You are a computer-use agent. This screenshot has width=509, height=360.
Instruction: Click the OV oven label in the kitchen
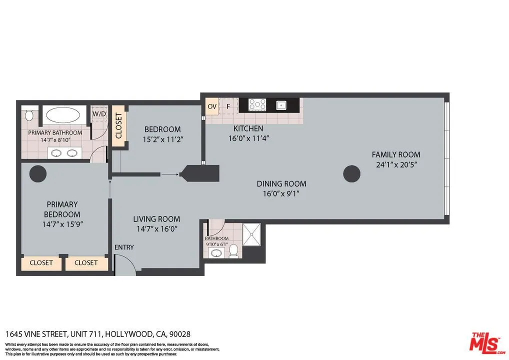[x=212, y=106]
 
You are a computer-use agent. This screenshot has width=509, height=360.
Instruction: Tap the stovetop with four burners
[x=257, y=104]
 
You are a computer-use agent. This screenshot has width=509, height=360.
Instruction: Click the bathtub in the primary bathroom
[x=62, y=115]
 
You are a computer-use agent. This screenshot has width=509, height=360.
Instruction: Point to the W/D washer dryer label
[x=99, y=114]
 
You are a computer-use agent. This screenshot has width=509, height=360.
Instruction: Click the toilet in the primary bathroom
[x=29, y=115]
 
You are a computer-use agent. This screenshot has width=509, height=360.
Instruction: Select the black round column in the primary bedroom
[x=38, y=174]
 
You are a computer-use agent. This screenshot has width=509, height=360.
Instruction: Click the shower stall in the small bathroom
[x=251, y=234]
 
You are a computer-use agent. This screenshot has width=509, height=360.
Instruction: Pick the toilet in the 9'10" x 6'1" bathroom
[x=233, y=250]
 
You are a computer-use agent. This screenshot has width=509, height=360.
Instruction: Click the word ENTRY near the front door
[x=124, y=247]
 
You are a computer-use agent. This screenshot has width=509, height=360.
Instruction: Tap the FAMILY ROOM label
[x=395, y=154]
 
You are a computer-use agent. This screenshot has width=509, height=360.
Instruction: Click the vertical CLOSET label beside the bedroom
[x=118, y=126]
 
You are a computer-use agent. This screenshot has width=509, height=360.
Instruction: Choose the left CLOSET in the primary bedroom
[x=41, y=262]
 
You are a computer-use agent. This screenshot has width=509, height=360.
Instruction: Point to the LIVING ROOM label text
[x=156, y=219]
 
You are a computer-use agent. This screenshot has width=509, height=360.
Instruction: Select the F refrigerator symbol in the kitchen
[x=228, y=106]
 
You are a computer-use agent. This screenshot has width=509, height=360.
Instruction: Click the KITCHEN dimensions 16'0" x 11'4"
[x=248, y=138]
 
